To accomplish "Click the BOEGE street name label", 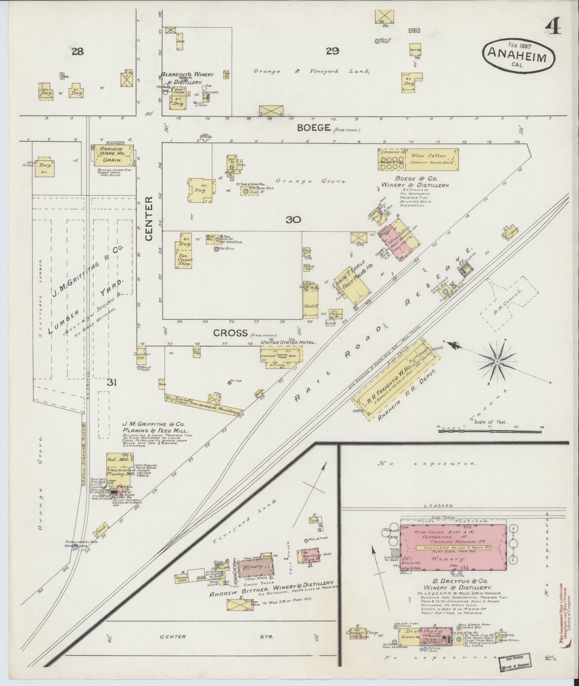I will (314, 128).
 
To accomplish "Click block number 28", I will (77, 52).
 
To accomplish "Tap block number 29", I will (332, 52).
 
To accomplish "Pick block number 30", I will (293, 220).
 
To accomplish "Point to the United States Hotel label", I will (288, 342).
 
